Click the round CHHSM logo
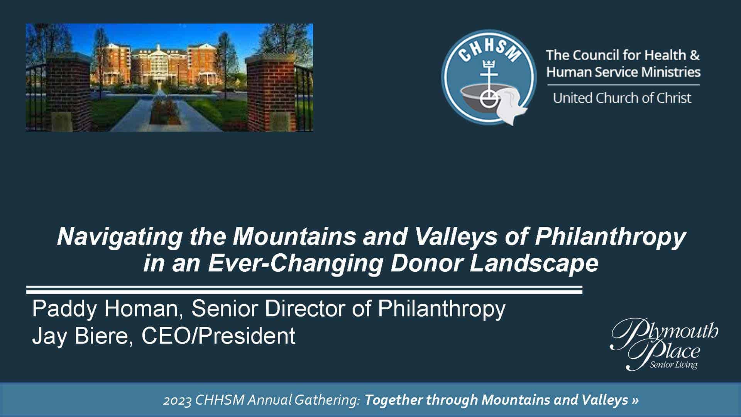point(489,77)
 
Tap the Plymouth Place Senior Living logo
point(664,344)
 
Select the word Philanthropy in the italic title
point(610,237)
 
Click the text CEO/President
point(218,336)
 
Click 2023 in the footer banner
point(178,400)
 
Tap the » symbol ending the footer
point(635,400)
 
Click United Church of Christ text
point(622,98)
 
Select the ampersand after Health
point(695,55)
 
